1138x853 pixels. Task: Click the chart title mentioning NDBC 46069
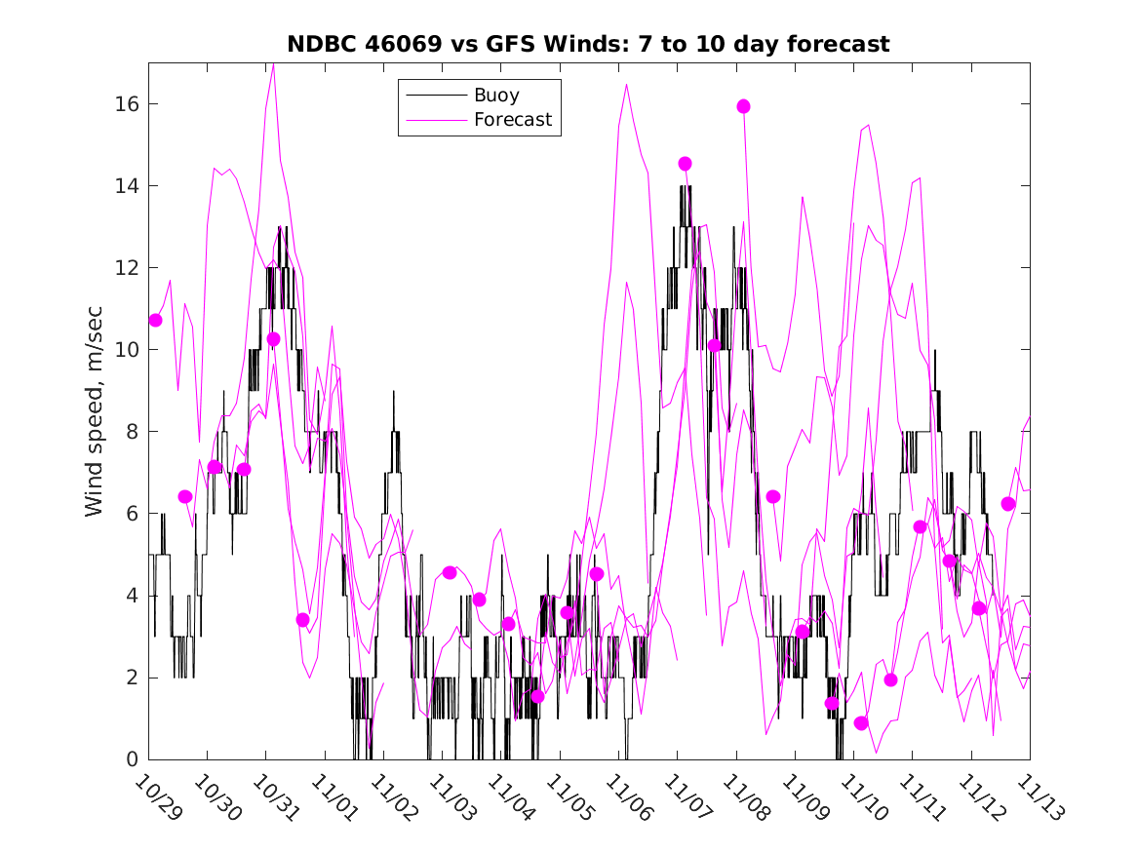click(x=588, y=45)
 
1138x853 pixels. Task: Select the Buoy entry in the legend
click(x=496, y=96)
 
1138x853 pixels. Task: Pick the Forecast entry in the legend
click(x=513, y=120)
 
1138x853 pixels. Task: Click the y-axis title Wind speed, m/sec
click(x=94, y=409)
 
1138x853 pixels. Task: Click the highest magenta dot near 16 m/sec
click(x=743, y=106)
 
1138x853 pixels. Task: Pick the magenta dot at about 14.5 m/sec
click(x=685, y=164)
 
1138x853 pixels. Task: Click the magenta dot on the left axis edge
click(x=155, y=320)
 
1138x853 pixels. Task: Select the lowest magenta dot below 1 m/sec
click(x=861, y=723)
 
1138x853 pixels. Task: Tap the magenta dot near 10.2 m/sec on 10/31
click(x=273, y=339)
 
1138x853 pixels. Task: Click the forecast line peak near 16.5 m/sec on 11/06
click(x=626, y=84)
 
